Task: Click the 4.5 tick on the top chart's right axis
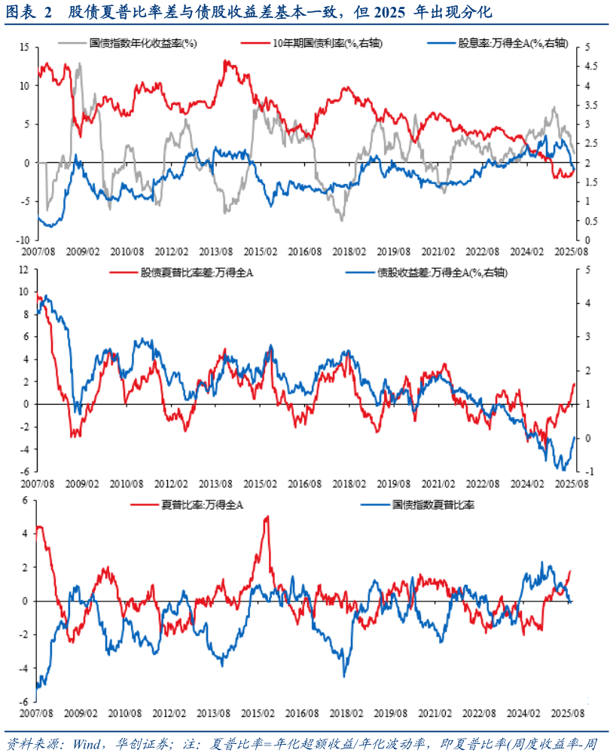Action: pyautogui.click(x=583, y=66)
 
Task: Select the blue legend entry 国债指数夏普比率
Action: pyautogui.click(x=433, y=504)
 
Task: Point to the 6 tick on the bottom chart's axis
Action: pyautogui.click(x=25, y=500)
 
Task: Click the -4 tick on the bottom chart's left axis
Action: pyautogui.click(x=22, y=669)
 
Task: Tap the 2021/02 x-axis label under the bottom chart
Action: pyautogui.click(x=436, y=712)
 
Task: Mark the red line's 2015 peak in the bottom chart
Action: pyautogui.click(x=267, y=517)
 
